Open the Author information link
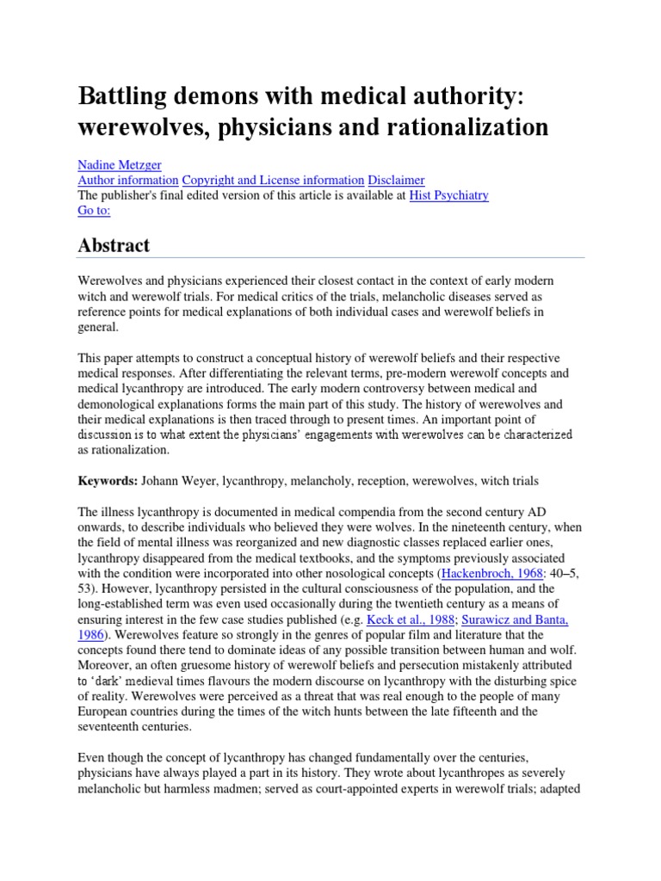(x=128, y=180)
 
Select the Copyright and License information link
(x=273, y=180)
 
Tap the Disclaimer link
(x=396, y=180)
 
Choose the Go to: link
(x=94, y=210)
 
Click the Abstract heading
(x=114, y=245)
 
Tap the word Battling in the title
(x=123, y=97)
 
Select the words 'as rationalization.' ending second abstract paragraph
(x=125, y=450)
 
